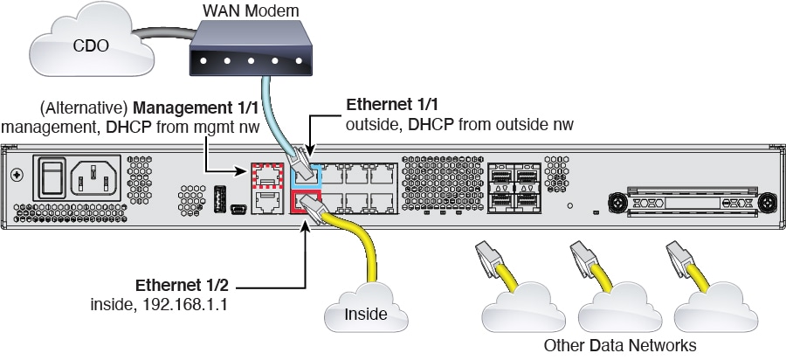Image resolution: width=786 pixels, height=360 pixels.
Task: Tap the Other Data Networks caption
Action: point(619,344)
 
